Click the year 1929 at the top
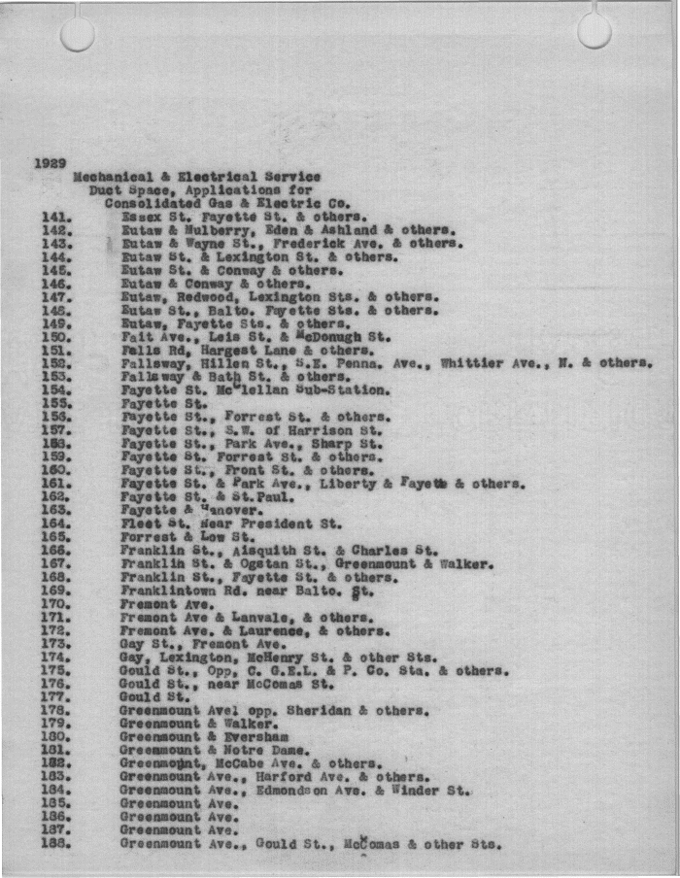pyautogui.click(x=50, y=163)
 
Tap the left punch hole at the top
pyautogui.click(x=78, y=33)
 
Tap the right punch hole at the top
pyautogui.click(x=595, y=30)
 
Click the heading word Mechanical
pyautogui.click(x=114, y=177)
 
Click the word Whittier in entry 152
pyautogui.click(x=472, y=363)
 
